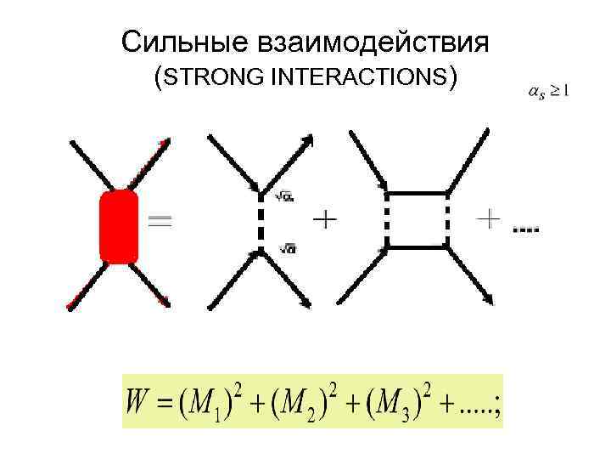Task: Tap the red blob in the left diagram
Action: coord(119,225)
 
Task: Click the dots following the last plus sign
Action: coord(526,229)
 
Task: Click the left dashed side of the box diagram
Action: coord(387,219)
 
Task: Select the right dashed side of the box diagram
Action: coord(446,219)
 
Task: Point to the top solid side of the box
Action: coord(417,194)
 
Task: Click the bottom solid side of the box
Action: coord(417,246)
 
